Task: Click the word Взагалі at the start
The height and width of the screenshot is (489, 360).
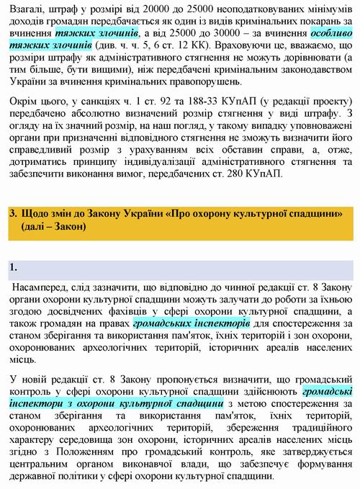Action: pos(27,8)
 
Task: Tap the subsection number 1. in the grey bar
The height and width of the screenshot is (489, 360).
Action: pos(13,269)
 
